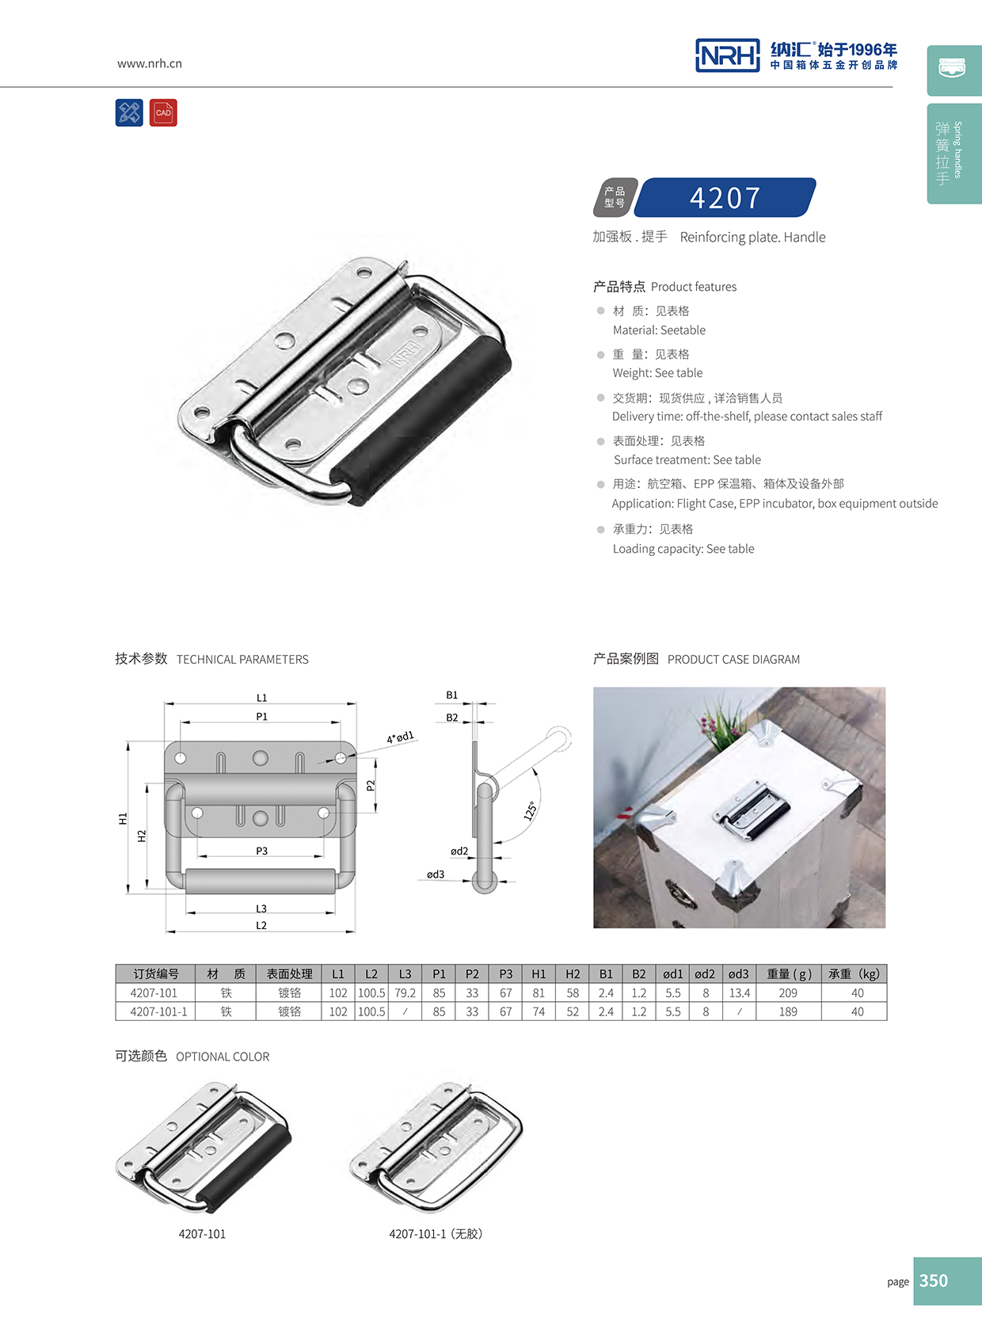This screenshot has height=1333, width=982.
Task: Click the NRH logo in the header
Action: tap(727, 55)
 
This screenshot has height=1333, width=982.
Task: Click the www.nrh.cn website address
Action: tap(150, 63)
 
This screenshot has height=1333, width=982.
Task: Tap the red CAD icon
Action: tap(163, 113)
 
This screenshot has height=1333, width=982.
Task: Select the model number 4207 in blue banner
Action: tap(725, 197)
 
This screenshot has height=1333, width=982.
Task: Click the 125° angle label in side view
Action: tap(531, 810)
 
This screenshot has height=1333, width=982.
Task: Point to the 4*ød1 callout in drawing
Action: tap(400, 737)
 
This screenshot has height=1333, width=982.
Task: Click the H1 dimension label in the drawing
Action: tap(123, 819)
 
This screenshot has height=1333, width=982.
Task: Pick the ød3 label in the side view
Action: tap(436, 874)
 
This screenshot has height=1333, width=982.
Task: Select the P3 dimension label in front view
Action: tap(261, 851)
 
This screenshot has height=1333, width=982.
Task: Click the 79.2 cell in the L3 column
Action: tap(405, 993)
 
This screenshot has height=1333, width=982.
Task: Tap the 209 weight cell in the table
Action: tap(788, 993)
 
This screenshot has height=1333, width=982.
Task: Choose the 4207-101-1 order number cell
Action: tap(158, 1012)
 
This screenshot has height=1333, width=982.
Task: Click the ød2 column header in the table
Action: tap(705, 974)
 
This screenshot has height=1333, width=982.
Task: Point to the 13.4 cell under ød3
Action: tap(739, 993)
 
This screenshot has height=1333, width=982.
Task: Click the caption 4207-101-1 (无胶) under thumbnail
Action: tap(436, 1234)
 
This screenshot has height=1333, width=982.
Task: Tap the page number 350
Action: tap(934, 1281)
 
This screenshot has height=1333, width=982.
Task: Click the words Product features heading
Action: tap(693, 287)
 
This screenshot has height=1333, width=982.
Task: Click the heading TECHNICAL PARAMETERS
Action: tap(242, 660)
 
